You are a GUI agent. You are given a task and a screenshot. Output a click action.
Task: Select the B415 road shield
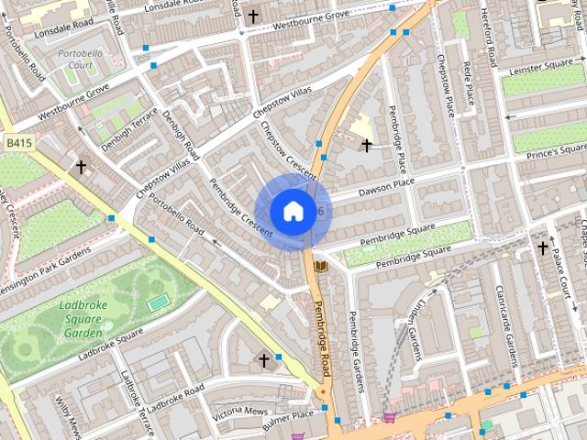17,143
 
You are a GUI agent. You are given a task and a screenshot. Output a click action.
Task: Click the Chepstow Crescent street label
288,149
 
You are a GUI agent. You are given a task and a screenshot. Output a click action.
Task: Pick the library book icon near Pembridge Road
320,266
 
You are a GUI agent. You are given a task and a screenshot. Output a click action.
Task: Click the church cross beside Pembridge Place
367,145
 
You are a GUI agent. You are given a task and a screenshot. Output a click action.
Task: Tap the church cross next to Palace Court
542,247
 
